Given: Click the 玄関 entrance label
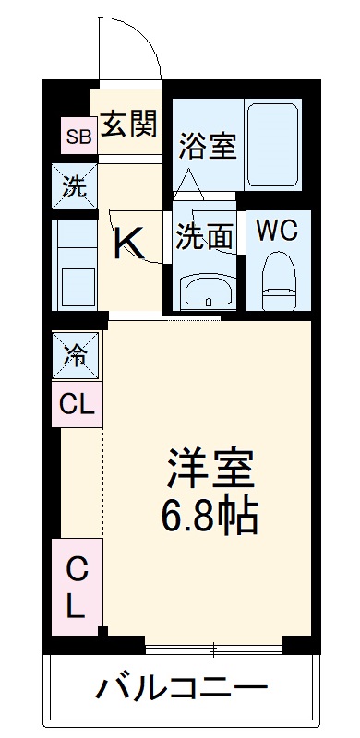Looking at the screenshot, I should pos(128,124).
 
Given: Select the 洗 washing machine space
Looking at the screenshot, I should pos(76,186).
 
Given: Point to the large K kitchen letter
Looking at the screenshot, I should pos(129,244).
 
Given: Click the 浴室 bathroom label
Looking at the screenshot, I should pos(208,146).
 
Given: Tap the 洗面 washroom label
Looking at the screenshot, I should pos(204,236).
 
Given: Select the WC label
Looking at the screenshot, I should pos(276,230).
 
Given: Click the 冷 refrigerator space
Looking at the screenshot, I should pos(76,354).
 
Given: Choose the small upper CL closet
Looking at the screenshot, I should pos(77,403).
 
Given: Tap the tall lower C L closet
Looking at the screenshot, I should pos(78,589).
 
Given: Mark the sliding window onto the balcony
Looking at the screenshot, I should pos(213,645).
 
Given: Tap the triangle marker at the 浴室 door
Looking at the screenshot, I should pos(189,184).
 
